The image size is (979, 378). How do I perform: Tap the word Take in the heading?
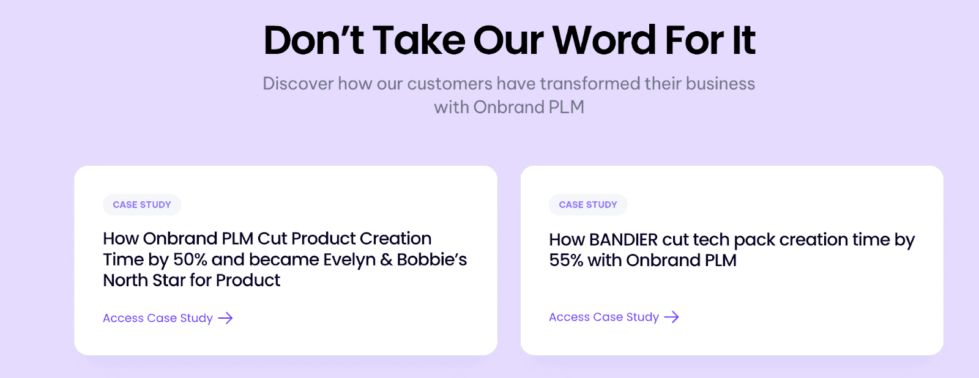[419, 40]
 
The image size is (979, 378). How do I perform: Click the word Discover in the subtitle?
[298, 84]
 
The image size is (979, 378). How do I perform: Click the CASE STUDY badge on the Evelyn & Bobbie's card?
[142, 205]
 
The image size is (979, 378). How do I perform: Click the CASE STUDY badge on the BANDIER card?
[588, 205]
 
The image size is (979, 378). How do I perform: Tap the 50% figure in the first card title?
[190, 260]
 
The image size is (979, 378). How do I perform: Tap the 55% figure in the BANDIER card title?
[566, 261]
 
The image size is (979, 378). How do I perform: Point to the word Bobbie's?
[431, 260]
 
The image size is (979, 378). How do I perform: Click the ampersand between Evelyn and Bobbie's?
[386, 260]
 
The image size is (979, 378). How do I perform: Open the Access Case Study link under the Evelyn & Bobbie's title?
[158, 318]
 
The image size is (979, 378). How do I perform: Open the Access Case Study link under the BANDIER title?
[604, 317]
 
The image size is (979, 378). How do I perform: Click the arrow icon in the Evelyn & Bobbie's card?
[226, 318]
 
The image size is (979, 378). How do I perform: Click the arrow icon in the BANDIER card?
[672, 317]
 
